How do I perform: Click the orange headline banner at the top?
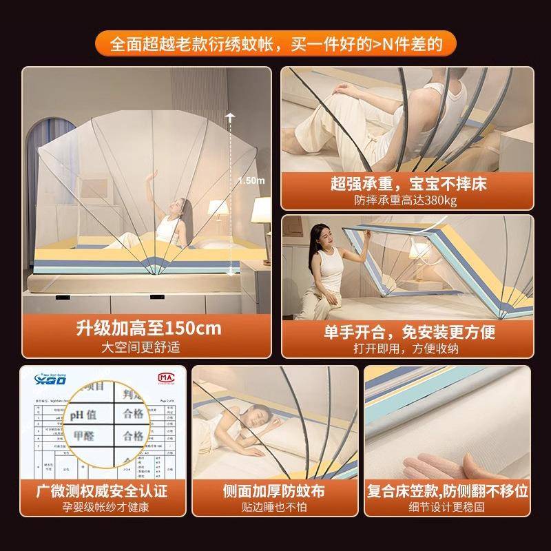pos(275,44)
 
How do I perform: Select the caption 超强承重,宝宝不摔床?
pos(406,185)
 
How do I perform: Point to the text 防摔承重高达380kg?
pos(406,201)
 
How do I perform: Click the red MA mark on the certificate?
pos(166,379)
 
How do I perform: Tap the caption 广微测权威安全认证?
pos(103,491)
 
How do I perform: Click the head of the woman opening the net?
pos(324,234)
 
